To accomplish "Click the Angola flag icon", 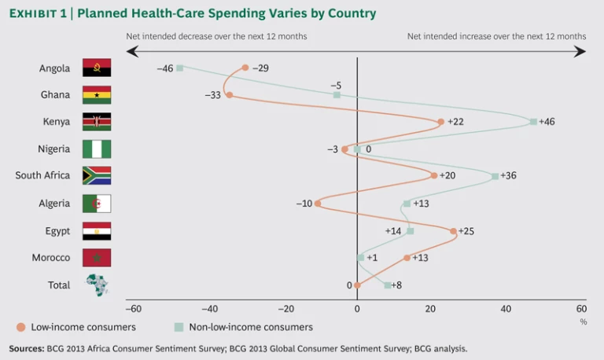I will click(x=97, y=68).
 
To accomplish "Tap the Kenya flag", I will click(x=97, y=122).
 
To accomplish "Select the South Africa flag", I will click(x=97, y=175).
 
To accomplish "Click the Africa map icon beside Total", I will click(x=98, y=285).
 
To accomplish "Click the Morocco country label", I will click(x=52, y=258).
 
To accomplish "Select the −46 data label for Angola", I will click(x=164, y=68).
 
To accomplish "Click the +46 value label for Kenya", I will click(x=547, y=122).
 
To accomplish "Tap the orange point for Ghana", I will click(x=229, y=94).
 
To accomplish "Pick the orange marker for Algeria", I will click(x=318, y=204).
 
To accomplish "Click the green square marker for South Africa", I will click(x=495, y=176).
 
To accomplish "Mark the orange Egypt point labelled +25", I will click(x=453, y=231).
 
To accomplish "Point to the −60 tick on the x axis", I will click(x=134, y=309).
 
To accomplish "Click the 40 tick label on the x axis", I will click(x=506, y=309).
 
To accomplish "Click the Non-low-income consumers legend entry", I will click(x=244, y=327).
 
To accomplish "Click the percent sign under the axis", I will click(x=583, y=321).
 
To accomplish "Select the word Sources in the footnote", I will click(x=25, y=347).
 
